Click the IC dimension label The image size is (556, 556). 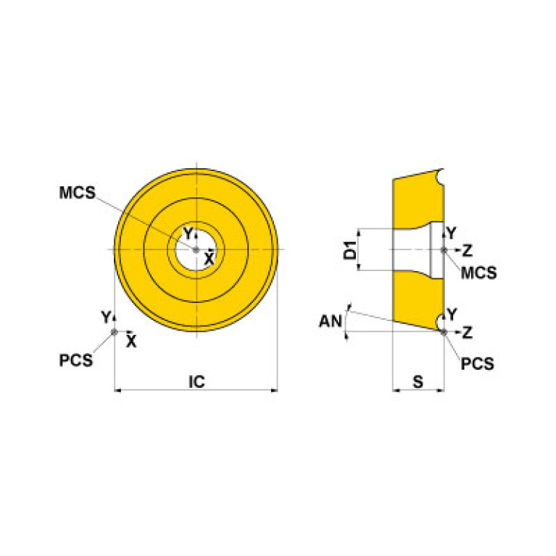coord(196,382)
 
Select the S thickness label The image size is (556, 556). coord(418,382)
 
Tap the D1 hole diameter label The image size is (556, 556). coord(350,250)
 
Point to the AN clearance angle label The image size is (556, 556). coord(331,322)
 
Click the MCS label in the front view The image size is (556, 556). coord(78,193)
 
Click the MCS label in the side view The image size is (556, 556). coord(478,273)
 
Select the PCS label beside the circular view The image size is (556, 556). coord(75,360)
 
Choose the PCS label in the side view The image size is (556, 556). coord(477,364)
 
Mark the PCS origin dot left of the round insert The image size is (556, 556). coord(115,332)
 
